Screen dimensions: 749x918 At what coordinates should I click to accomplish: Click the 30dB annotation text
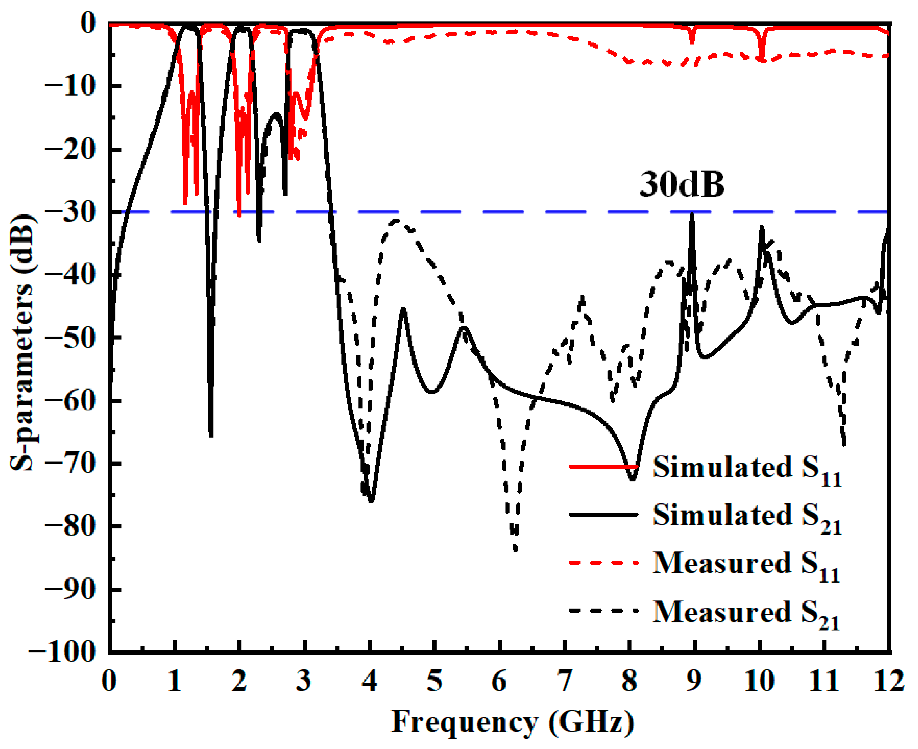682,185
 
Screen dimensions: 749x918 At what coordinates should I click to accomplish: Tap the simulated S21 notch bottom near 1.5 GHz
211,436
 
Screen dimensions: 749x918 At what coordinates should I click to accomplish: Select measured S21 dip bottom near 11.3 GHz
844,444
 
